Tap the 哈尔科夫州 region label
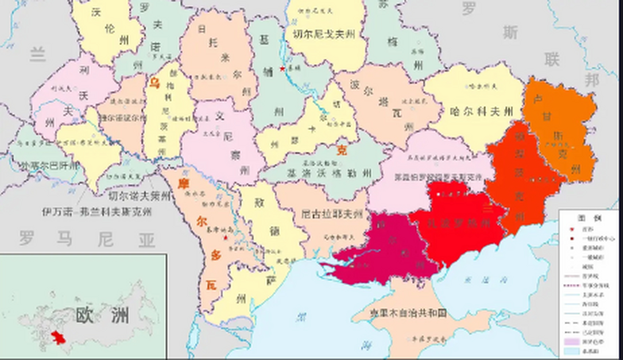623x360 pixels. [x=482, y=112]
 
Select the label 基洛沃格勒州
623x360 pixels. [x=329, y=173]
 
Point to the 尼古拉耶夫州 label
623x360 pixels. [x=332, y=215]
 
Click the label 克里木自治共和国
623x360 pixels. [x=408, y=313]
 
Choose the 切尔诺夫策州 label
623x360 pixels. [x=140, y=196]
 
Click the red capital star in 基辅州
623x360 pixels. [x=282, y=69]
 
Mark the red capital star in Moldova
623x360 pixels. [x=226, y=238]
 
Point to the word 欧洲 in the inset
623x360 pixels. [x=102, y=315]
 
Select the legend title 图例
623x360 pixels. [x=590, y=218]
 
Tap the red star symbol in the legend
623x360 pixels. [x=571, y=229]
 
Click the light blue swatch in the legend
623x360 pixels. [x=572, y=351]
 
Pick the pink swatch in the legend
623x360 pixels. [x=572, y=342]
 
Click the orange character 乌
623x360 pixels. [x=154, y=83]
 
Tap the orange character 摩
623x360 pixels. [x=183, y=184]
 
